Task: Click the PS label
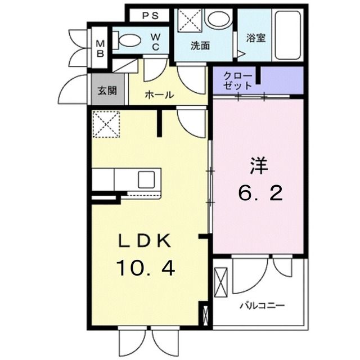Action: click(x=150, y=16)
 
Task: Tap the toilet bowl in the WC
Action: click(x=130, y=40)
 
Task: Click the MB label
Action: click(x=100, y=48)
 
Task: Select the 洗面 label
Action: click(x=200, y=46)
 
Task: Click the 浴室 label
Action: click(x=256, y=38)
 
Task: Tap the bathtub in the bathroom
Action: click(x=288, y=35)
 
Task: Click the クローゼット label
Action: click(x=238, y=80)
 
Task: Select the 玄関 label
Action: click(x=107, y=91)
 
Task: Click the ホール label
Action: click(x=160, y=94)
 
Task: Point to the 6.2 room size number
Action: click(x=260, y=193)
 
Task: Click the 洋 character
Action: click(x=259, y=165)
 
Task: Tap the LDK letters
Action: click(x=145, y=241)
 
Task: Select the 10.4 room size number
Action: click(x=146, y=268)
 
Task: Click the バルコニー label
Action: click(x=262, y=306)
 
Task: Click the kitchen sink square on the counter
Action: click(x=146, y=179)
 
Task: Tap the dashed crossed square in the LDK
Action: click(x=106, y=124)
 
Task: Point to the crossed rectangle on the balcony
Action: click(x=220, y=282)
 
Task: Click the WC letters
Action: click(x=155, y=42)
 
